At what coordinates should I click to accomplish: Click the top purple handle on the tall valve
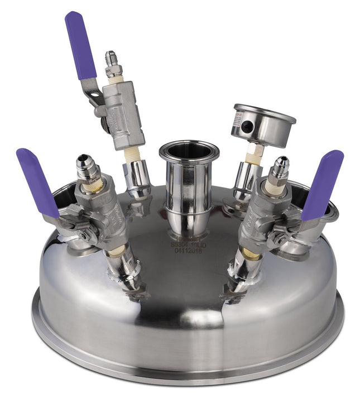pos(80,45)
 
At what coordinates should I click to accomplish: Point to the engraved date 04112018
pos(189,251)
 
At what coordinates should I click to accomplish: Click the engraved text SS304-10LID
pos(189,244)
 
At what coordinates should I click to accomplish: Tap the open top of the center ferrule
pos(189,150)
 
